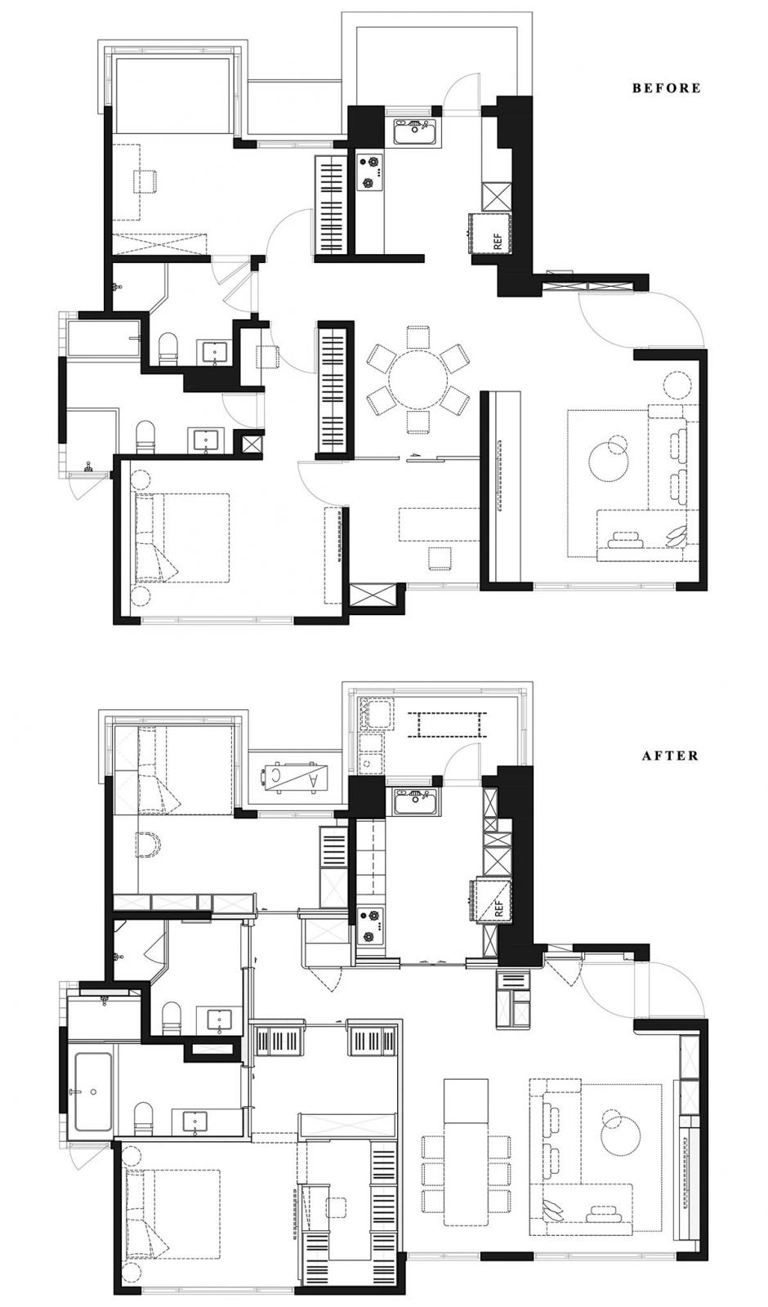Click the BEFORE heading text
(x=667, y=88)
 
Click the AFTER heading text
(x=670, y=756)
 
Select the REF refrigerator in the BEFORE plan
(x=491, y=234)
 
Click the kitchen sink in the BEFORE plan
(x=415, y=132)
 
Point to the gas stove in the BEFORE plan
(x=369, y=172)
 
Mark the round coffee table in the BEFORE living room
(x=609, y=460)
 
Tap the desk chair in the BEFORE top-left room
(x=145, y=181)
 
